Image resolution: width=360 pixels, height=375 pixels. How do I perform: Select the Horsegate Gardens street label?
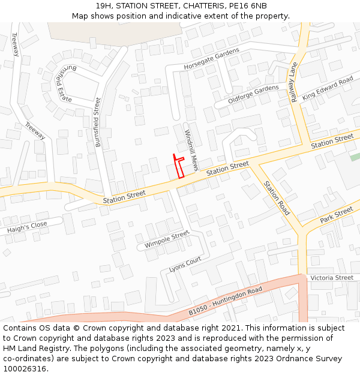click(x=211, y=58)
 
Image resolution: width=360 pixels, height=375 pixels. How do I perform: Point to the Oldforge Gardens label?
click(x=253, y=94)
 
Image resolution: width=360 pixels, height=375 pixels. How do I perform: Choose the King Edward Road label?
click(x=328, y=89)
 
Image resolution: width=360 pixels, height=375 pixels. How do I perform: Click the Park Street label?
click(x=336, y=216)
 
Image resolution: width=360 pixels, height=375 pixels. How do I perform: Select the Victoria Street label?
click(x=332, y=278)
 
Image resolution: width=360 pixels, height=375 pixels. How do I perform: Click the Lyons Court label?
click(x=185, y=264)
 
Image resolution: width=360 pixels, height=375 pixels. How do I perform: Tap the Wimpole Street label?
click(x=167, y=240)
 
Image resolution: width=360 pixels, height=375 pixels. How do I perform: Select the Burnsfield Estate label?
click(x=62, y=84)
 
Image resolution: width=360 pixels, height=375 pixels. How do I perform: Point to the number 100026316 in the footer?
click(x=24, y=368)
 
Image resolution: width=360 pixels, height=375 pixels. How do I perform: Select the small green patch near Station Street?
click(x=355, y=157)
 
